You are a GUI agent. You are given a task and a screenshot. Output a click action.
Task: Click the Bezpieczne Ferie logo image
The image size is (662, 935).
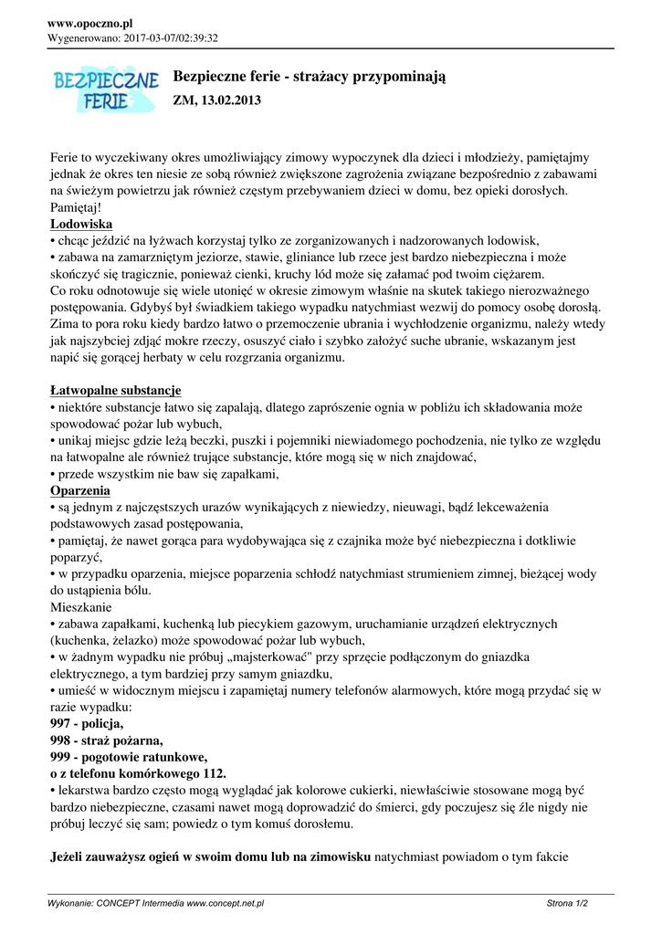click(x=105, y=89)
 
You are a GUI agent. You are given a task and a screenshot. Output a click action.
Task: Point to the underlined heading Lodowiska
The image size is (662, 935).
click(x=81, y=224)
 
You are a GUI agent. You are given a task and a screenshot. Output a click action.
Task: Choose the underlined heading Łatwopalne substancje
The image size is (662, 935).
click(x=115, y=391)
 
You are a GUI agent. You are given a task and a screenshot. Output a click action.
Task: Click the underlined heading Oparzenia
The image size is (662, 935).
click(x=80, y=490)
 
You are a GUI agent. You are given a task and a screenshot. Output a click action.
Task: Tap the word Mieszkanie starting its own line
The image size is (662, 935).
click(x=81, y=606)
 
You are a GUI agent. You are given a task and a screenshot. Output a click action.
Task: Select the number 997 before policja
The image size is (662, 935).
click(x=61, y=723)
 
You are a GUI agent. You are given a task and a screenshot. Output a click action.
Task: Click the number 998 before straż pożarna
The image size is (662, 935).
click(x=61, y=740)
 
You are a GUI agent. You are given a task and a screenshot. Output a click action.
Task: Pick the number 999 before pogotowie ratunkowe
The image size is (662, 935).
click(x=61, y=757)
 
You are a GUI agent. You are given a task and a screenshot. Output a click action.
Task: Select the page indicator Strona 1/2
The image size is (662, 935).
click(x=566, y=903)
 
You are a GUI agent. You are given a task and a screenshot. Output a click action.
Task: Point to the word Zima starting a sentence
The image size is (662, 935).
click(x=66, y=324)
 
